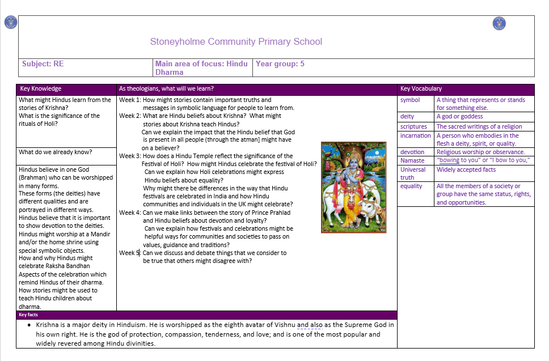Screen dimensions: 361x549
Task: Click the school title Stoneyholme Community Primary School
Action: pos(236,41)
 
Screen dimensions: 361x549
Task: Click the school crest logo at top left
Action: pos(10,23)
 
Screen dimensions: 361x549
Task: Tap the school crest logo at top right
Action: pos(499,23)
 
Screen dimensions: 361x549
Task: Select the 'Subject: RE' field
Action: pos(43,64)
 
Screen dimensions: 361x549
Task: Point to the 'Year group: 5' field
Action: pos(280,64)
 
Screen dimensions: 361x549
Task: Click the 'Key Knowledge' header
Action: pos(40,89)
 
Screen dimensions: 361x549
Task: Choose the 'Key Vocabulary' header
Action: pos(421,89)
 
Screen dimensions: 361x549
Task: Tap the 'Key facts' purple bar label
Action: pos(28,315)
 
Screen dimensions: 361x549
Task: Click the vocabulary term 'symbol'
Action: pos(410,100)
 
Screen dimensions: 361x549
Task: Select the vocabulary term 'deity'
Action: pos(407,117)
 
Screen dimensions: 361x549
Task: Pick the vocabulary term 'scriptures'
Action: pos(413,126)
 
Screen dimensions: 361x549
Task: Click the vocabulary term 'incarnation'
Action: pos(415,136)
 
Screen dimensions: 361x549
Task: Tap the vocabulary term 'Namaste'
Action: pos(412,160)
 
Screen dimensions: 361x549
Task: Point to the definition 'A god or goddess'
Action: pos(459,117)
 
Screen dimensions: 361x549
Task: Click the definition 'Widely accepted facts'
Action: pos(466,169)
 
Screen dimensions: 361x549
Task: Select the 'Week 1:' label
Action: pos(130,100)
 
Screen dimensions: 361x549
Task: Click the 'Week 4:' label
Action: pos(130,213)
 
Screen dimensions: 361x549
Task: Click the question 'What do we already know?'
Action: pos(56,152)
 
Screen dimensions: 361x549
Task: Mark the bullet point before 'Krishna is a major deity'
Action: pos(29,325)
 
